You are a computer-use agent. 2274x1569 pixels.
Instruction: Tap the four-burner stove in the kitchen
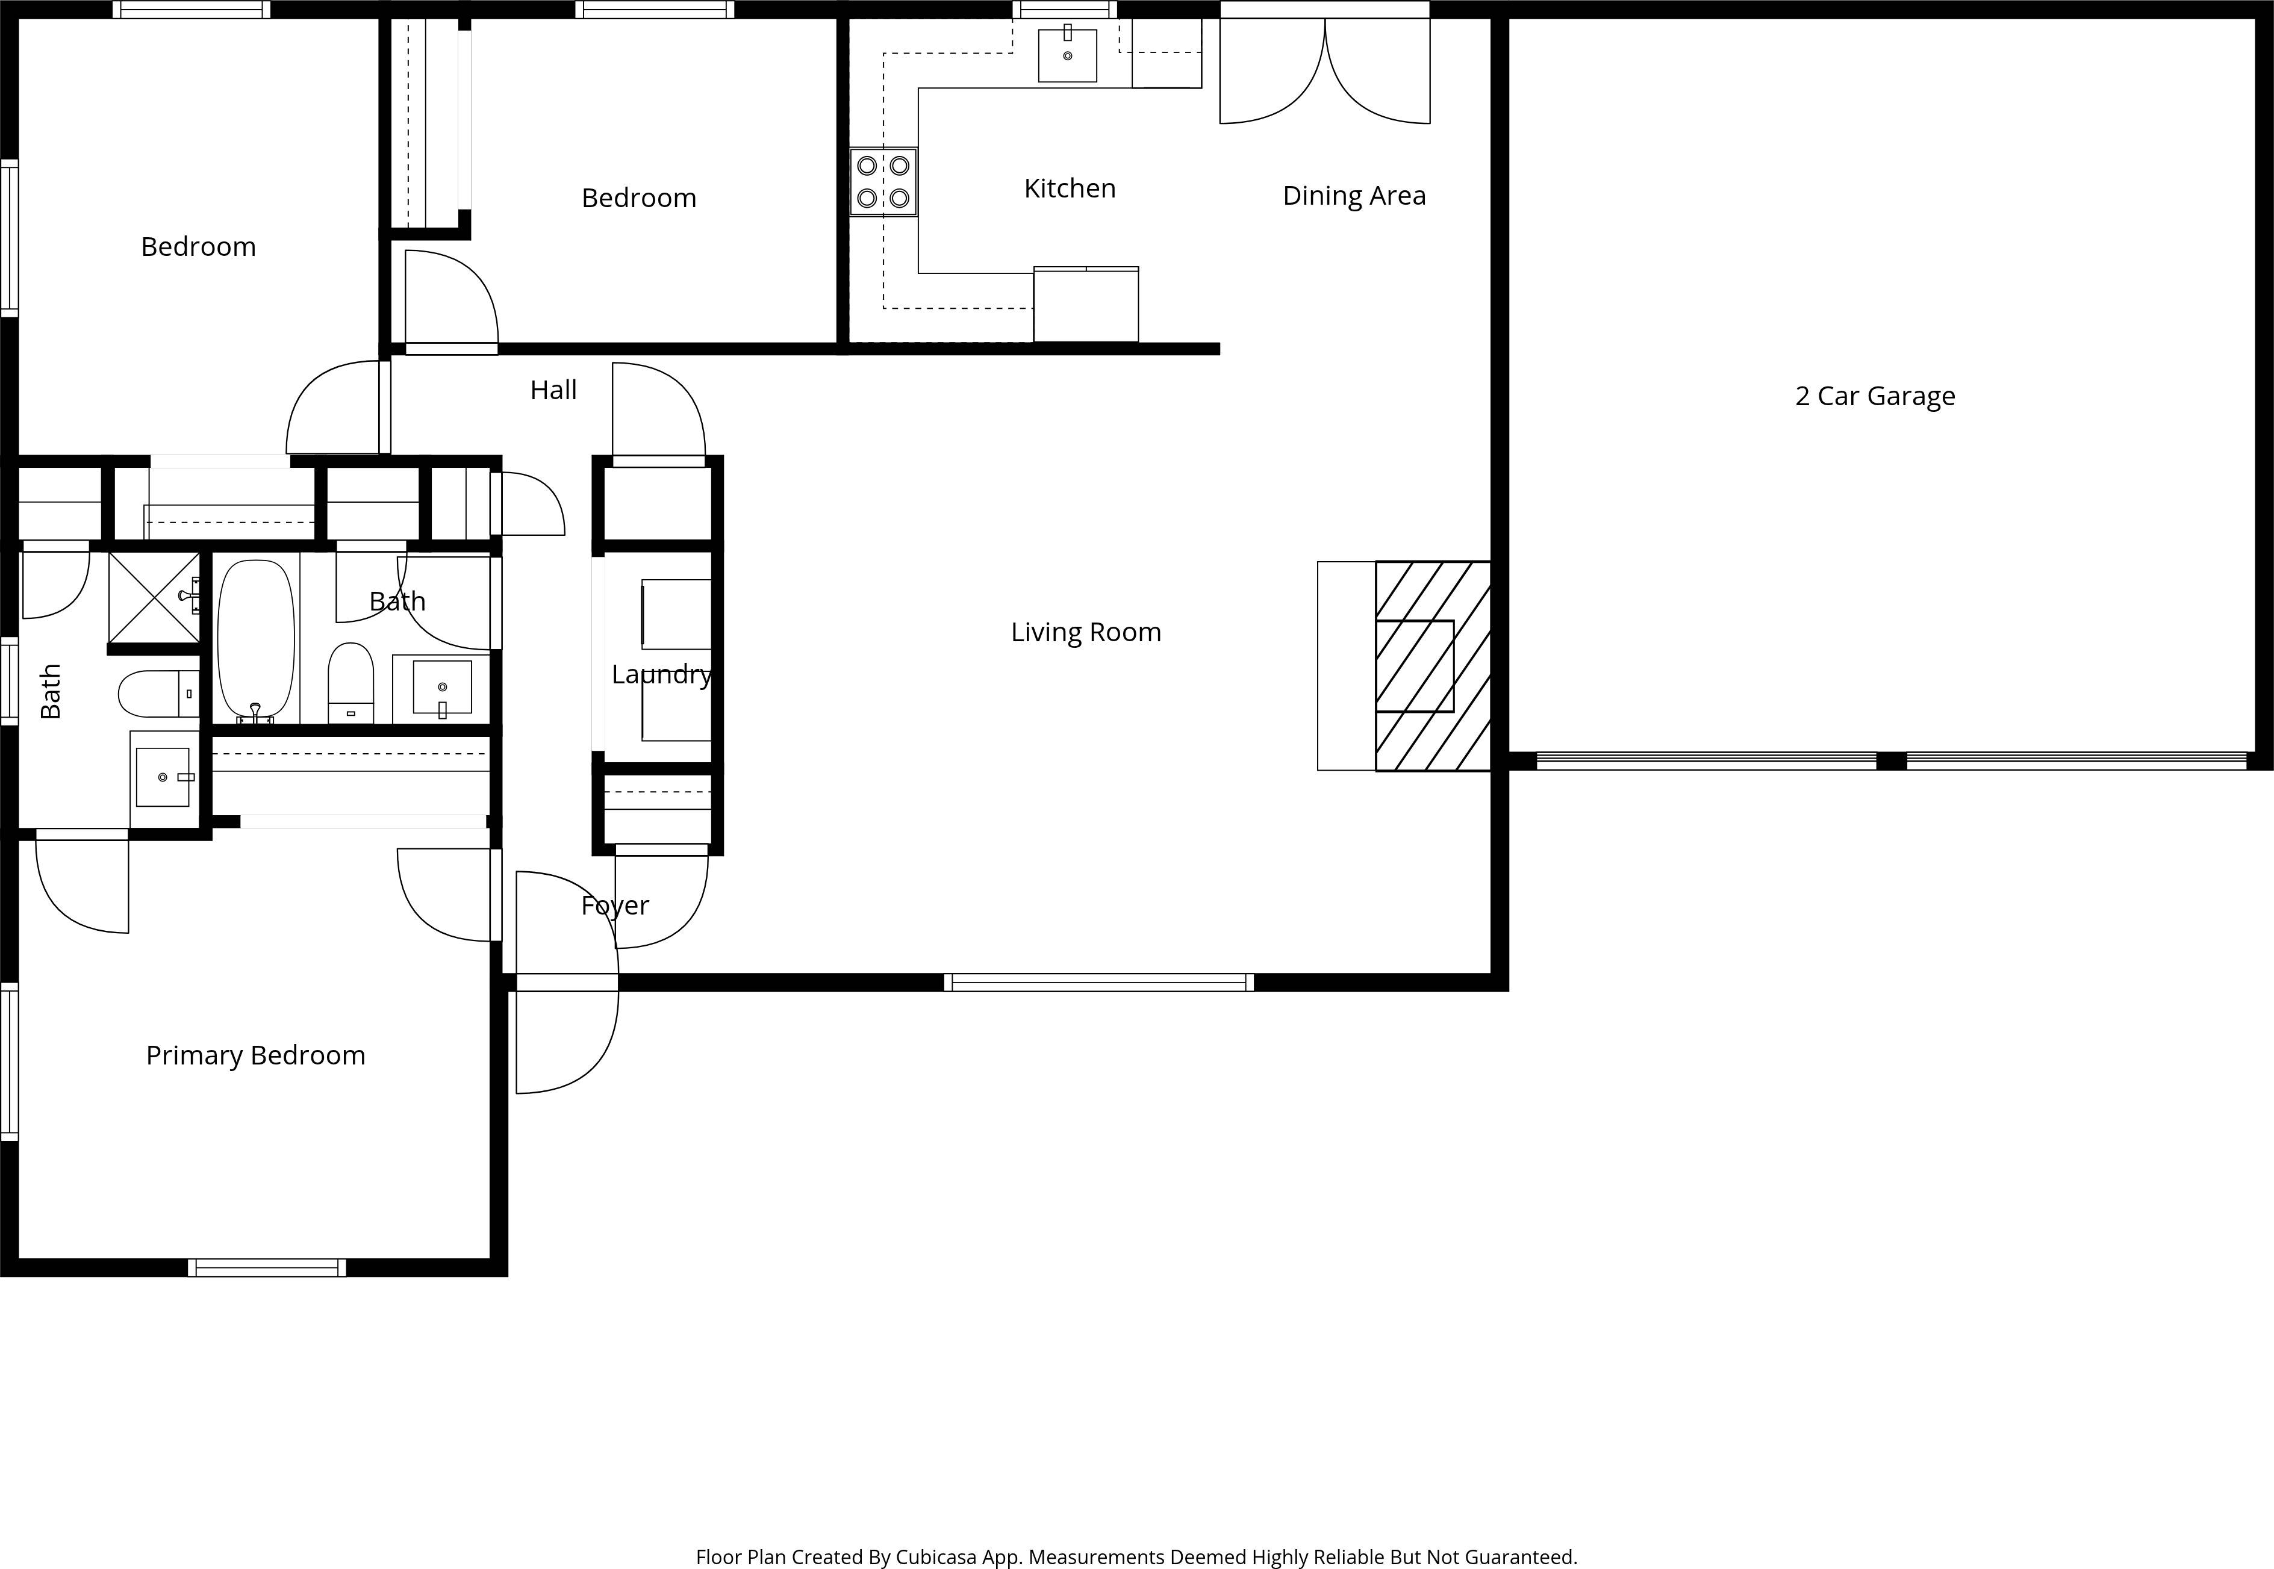click(x=883, y=182)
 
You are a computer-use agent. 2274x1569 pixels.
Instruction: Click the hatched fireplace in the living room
click(x=1433, y=665)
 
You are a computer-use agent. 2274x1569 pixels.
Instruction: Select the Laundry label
click(x=661, y=674)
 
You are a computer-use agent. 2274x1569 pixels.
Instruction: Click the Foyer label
click(x=614, y=906)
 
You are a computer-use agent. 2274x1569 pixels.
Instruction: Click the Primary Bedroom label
click(x=255, y=1055)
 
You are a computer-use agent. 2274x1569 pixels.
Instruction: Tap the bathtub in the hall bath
click(x=255, y=639)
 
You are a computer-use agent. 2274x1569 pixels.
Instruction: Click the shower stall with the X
click(x=154, y=598)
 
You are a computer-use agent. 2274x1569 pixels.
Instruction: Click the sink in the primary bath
click(x=162, y=777)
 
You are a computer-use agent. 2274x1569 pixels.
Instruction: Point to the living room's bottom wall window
click(x=1098, y=982)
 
